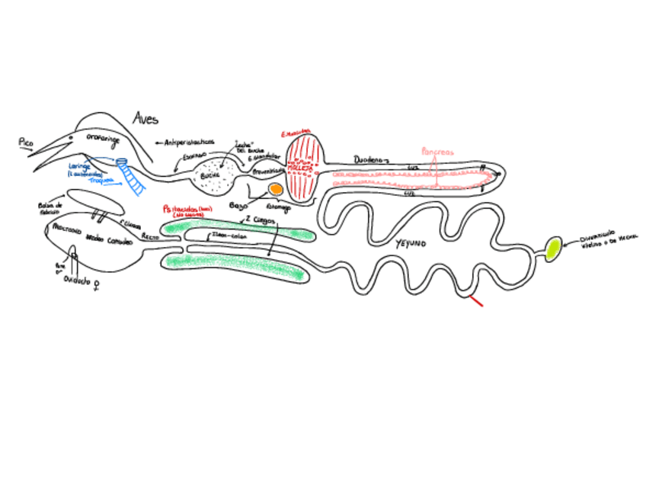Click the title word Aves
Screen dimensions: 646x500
[x=146, y=118]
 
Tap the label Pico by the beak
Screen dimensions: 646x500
[x=26, y=142]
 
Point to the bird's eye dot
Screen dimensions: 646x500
[x=72, y=136]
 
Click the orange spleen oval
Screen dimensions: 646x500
[x=275, y=189]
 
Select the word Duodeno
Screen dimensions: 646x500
[x=372, y=160]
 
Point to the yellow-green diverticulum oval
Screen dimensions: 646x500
[x=554, y=248]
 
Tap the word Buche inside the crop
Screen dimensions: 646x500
[x=209, y=175]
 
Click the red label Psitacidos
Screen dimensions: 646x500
[x=181, y=208]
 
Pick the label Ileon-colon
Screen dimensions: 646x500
[x=229, y=236]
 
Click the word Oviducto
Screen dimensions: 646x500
[x=76, y=280]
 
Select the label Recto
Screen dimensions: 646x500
[x=149, y=237]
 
